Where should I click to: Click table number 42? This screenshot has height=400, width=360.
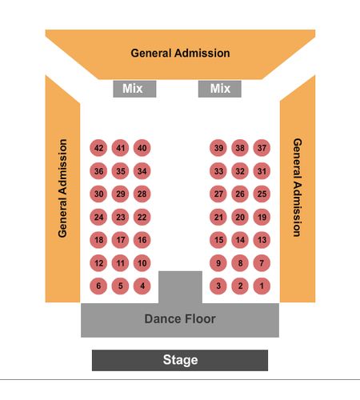98,148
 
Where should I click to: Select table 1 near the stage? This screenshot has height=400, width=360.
262,286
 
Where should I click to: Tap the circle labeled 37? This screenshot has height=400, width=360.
262,148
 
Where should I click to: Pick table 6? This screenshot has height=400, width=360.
98,286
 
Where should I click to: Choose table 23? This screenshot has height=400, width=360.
120,217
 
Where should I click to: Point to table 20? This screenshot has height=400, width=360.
240,217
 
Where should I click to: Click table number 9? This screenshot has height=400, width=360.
218,263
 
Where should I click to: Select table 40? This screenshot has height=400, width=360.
142,148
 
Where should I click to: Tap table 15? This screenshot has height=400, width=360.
218,240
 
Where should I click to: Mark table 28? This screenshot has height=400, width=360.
142,194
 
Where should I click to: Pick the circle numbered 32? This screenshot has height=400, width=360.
240,171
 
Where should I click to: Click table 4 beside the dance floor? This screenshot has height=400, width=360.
142,286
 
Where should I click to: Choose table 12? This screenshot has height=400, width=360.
98,263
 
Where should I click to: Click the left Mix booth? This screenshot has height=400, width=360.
134,89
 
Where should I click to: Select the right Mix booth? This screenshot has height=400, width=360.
220,89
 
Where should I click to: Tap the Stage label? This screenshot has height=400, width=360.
180,360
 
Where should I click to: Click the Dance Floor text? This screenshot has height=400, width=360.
180,319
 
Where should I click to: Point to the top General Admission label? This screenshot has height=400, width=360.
180,53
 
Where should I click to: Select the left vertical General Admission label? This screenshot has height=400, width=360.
62,188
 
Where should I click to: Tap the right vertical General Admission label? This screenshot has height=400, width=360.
298,187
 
